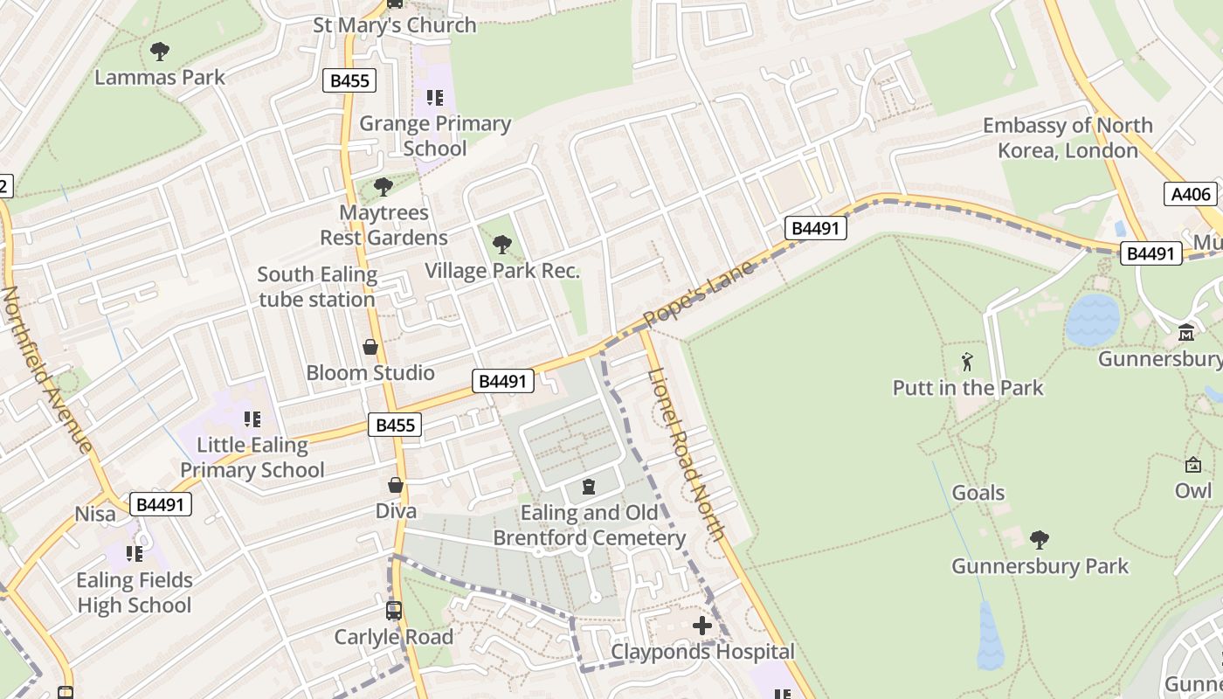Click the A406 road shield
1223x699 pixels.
coord(1190,194)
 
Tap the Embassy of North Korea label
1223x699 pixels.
coord(1068,137)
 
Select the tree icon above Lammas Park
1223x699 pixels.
coord(160,52)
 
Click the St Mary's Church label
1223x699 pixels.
coord(395,24)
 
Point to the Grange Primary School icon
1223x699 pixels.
coord(434,98)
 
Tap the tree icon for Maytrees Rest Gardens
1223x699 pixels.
coord(383,187)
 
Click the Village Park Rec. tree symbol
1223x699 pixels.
coord(502,245)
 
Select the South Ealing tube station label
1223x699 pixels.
coord(316,287)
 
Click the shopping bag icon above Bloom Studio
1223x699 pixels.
coord(370,347)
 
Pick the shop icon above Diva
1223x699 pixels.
coord(396,485)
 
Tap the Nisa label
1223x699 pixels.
coord(95,514)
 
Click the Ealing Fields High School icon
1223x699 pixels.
coord(134,554)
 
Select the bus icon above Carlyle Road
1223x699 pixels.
coord(394,611)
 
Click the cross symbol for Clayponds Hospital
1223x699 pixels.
coord(702,626)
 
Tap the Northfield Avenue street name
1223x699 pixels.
coord(48,370)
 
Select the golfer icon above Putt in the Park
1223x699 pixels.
coord(967,362)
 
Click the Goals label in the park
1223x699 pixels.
coord(978,493)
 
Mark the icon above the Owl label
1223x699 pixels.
coord(1192,465)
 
